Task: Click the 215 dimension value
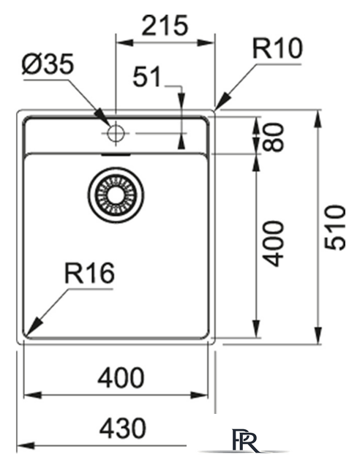[165, 25]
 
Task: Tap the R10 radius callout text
[277, 48]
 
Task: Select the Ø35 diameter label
[48, 64]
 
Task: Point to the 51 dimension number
[147, 77]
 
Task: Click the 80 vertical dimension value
[274, 137]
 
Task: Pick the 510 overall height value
[335, 227]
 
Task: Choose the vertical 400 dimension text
[274, 244]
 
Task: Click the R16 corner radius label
[89, 273]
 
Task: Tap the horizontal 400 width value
[121, 377]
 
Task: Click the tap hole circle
[116, 133]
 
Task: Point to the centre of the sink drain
[116, 195]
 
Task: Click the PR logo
[246, 440]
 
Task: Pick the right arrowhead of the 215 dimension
[206, 42]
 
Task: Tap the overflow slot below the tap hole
[116, 154]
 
